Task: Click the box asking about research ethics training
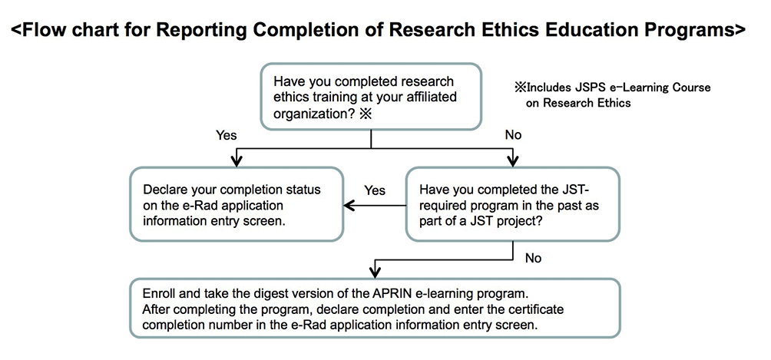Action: coord(371,97)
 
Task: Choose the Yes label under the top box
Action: coord(227,135)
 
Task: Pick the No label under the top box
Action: coord(513,135)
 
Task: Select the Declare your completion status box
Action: coord(236,204)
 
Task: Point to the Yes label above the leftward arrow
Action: coord(375,190)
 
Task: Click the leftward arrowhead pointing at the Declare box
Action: coord(349,205)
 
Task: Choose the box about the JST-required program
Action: coord(513,204)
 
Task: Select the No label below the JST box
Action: coord(533,258)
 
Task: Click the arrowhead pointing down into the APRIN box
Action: coord(376,272)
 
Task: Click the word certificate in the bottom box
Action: coord(538,310)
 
